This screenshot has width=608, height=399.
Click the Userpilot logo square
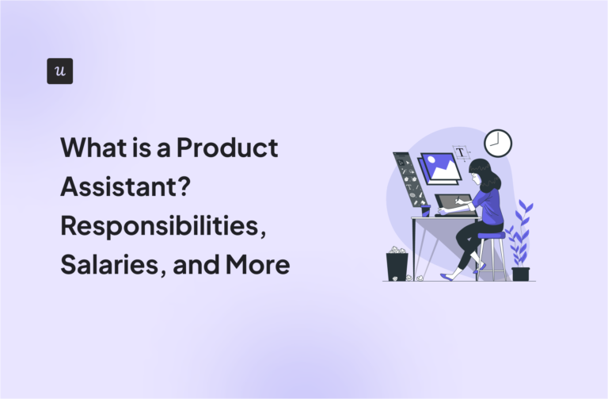point(60,71)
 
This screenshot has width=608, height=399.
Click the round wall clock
point(497,143)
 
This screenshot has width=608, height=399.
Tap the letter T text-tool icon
point(459,152)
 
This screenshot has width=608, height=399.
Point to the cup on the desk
point(425,210)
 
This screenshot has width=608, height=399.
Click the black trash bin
point(397,265)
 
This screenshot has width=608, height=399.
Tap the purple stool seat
point(491,235)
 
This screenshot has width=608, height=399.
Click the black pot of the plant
point(520,274)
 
